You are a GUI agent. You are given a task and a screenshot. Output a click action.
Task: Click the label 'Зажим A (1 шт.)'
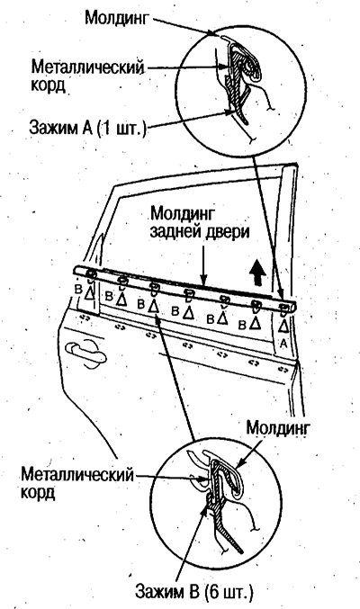[88, 129]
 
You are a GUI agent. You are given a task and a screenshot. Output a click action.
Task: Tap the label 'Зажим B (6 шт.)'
[194, 592]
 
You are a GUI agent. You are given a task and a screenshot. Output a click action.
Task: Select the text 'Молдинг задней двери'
[200, 222]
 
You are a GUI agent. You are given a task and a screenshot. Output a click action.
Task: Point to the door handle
[85, 353]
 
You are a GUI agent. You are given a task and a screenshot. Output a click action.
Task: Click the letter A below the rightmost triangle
[283, 344]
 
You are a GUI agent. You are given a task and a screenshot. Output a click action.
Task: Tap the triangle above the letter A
[283, 326]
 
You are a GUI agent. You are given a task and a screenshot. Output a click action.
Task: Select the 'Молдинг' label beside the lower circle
[278, 428]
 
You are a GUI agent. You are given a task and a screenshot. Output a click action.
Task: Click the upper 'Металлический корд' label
[88, 76]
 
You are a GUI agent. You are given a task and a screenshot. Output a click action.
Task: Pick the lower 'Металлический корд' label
[77, 483]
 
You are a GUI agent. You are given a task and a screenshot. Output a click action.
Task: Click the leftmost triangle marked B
[90, 293]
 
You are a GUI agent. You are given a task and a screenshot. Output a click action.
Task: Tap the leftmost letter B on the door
[79, 291]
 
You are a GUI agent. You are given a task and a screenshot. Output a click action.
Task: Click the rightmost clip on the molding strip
[284, 309]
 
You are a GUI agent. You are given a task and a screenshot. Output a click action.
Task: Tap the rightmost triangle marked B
[255, 322]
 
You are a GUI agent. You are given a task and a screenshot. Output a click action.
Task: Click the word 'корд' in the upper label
[48, 85]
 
